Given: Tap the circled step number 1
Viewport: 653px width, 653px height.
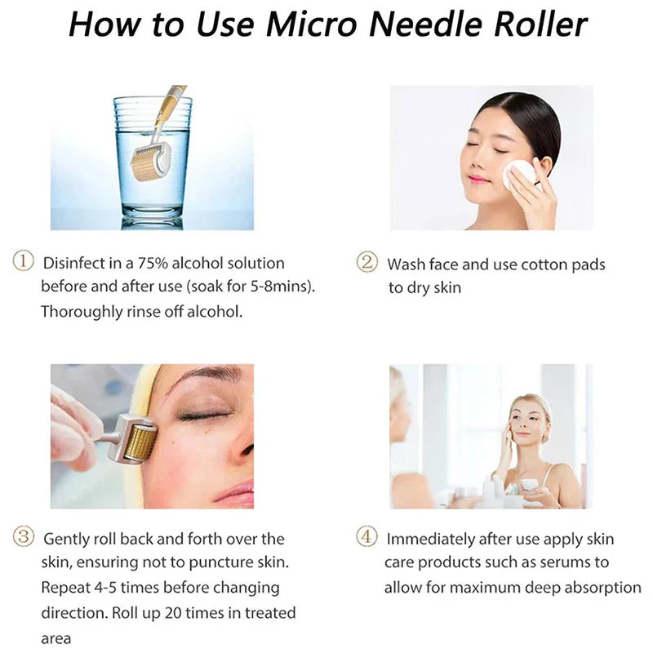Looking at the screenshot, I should (24, 263).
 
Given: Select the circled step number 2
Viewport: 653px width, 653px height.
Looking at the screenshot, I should (367, 263).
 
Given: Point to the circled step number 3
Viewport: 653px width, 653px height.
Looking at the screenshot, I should (24, 538).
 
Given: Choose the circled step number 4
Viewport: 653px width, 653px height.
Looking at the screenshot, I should (367, 538).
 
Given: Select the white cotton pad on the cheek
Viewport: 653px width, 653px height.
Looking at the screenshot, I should (518, 174).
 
